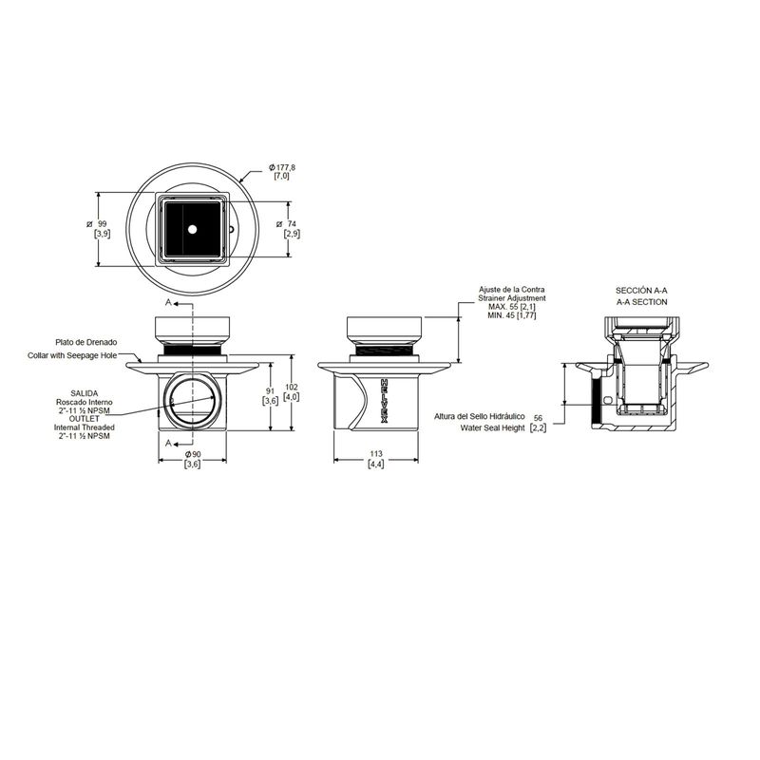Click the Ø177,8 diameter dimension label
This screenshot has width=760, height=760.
pyautogui.click(x=282, y=167)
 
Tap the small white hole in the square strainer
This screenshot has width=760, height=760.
pyautogui.click(x=193, y=229)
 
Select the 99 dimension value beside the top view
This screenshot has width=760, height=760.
pyautogui.click(x=102, y=224)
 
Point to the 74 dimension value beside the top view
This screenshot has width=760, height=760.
pyautogui.click(x=292, y=224)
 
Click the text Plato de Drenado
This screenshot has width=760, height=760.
pyautogui.click(x=85, y=342)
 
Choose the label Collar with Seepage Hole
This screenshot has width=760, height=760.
pyautogui.click(x=72, y=355)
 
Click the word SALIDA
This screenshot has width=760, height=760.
pyautogui.click(x=85, y=393)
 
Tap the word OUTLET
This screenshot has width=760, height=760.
pyautogui.click(x=85, y=418)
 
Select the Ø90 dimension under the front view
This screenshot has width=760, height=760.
pyautogui.click(x=193, y=454)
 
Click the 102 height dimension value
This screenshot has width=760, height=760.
pyautogui.click(x=292, y=388)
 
